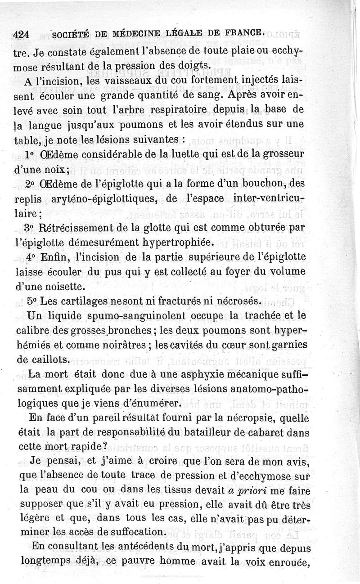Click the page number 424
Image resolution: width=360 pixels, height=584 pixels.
click(x=23, y=34)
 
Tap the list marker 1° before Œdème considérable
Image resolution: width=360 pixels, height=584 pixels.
click(x=30, y=154)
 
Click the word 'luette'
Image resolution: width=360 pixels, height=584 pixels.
click(x=186, y=154)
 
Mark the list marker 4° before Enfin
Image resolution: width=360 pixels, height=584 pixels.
click(x=31, y=257)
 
